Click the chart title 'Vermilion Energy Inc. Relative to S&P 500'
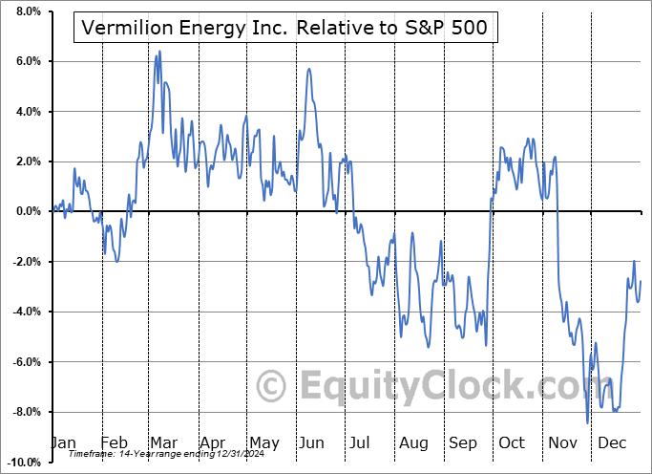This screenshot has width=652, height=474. (284, 29)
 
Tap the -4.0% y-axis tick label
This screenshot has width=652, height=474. (23, 312)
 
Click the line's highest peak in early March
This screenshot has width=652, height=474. (159, 51)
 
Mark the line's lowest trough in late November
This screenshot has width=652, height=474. (587, 422)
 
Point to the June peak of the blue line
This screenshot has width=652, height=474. (308, 69)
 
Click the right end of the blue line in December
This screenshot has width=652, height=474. (641, 281)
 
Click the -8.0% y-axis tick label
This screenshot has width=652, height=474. (23, 412)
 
